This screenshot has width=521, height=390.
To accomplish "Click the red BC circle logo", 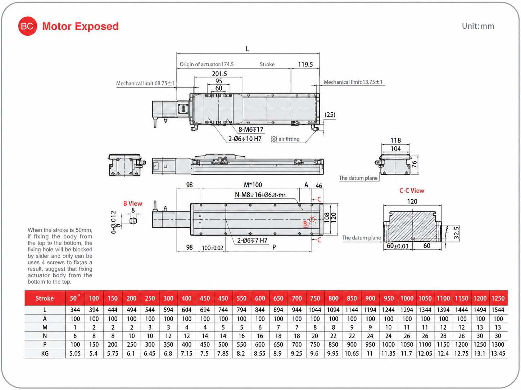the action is pos(28,26).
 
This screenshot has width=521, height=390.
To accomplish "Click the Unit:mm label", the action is pos(478,26).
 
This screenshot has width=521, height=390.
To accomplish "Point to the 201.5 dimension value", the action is pos(219,74).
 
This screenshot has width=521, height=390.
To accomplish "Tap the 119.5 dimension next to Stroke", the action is pos(305,64).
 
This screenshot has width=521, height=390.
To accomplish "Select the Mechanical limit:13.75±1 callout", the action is pos(353,82).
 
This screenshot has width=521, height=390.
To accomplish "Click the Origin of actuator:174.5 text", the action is pos(207,64).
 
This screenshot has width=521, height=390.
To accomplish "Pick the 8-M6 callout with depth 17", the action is pos(251,130).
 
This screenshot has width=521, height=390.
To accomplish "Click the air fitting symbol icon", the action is pos(274,139).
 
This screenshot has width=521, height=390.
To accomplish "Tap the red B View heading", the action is pos(132,203).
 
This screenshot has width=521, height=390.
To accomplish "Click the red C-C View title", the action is pos(412,191).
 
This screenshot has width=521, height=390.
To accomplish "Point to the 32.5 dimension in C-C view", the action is pos(456,233).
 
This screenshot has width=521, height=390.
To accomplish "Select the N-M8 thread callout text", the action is pos(260,195).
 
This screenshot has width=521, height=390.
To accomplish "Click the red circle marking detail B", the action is pos(312,219).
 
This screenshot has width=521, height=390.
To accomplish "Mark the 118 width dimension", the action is pos(395,140).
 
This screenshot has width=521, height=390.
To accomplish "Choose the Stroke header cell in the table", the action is pos(45,298).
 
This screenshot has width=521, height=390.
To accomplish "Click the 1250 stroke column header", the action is pos(498,298).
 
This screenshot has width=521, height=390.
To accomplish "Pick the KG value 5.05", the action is pos(75,353).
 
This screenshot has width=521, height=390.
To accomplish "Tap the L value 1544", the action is pos(498,310).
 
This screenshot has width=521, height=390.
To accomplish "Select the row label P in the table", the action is pos(45,344).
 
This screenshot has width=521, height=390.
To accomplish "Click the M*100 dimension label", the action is pos(253,185).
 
